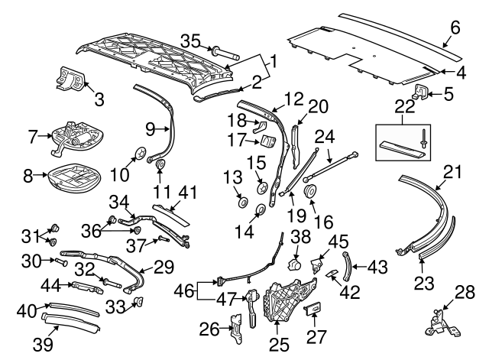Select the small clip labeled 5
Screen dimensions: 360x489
tap(419, 94)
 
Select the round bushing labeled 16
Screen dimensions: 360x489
tap(311, 190)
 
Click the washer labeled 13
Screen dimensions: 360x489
tap(243, 202)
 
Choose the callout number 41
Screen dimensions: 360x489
tap(186, 193)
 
